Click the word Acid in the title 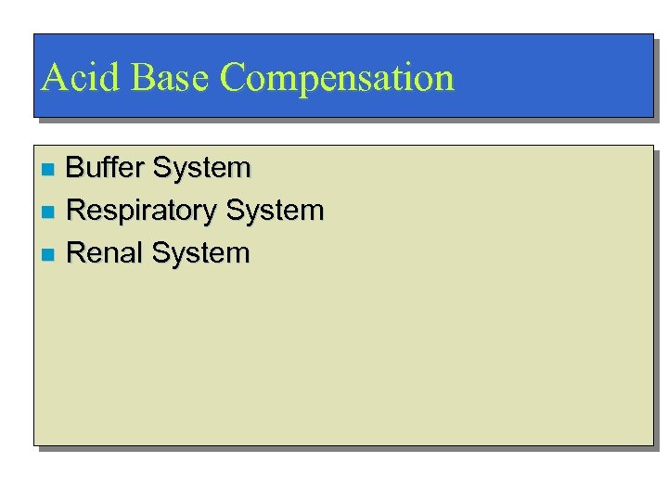[81, 78]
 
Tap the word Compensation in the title [339, 78]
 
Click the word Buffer [106, 169]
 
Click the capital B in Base [141, 78]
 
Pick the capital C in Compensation [235, 78]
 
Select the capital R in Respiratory [77, 211]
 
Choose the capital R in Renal [77, 252]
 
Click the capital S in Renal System [161, 252]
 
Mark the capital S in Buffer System [162, 169]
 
